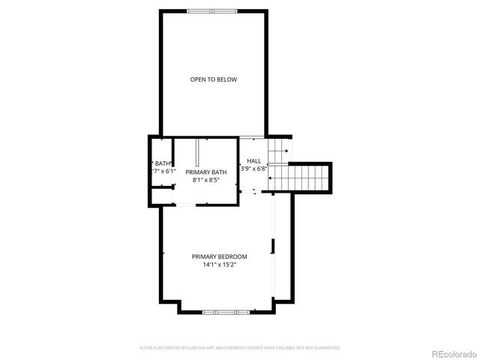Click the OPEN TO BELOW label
pyautogui.click(x=214, y=79)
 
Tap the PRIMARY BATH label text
pyautogui.click(x=206, y=172)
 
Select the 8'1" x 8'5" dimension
pyautogui.click(x=206, y=180)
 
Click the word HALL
pyautogui.click(x=254, y=161)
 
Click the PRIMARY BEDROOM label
pyautogui.click(x=219, y=256)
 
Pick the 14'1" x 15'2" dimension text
pyautogui.click(x=219, y=265)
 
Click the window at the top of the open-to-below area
pyautogui.click(x=212, y=10)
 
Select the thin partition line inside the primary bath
pyautogui.click(x=197, y=154)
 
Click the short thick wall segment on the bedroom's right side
pyautogui.click(x=274, y=246)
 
